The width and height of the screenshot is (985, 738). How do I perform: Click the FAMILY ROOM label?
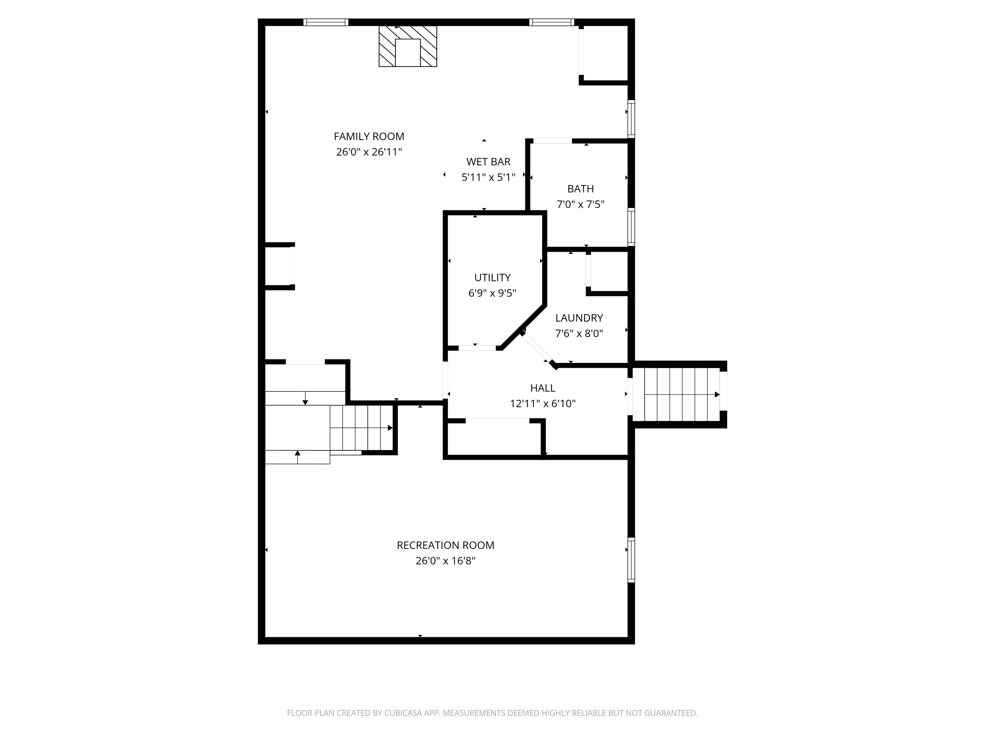369,136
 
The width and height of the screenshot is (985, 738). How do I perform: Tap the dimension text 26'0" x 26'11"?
369,152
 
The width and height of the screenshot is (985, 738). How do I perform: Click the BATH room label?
580,189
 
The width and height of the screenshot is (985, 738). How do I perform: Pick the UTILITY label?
492,278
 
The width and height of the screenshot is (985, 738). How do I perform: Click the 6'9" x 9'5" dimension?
492,293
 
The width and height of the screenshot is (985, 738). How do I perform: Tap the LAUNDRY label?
579,318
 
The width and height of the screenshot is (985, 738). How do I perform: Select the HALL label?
543,388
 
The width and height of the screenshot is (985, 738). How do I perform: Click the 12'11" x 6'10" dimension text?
543,404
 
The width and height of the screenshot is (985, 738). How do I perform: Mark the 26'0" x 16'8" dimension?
445,561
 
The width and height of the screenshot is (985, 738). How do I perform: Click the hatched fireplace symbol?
408,46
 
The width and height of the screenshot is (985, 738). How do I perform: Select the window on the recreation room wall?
631,560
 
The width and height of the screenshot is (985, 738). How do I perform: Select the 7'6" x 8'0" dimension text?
579,334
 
